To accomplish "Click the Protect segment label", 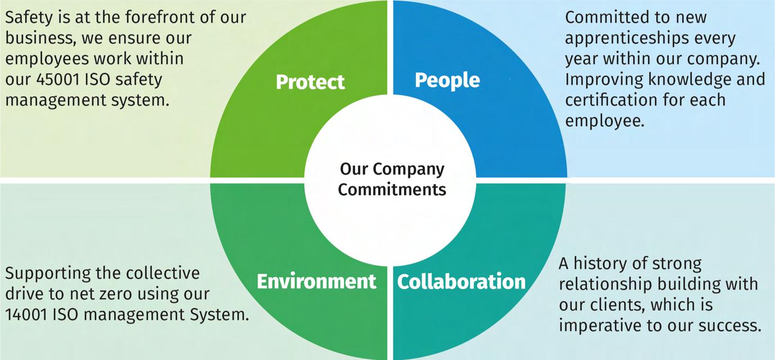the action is click(x=310, y=82).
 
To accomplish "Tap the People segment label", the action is click(x=447, y=80).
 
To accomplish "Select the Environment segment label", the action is click(x=316, y=281).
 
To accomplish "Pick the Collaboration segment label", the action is click(x=462, y=281).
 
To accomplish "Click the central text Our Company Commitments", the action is click(x=392, y=179).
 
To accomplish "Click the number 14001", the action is click(x=26, y=315).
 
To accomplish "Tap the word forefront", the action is click(x=147, y=17).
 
